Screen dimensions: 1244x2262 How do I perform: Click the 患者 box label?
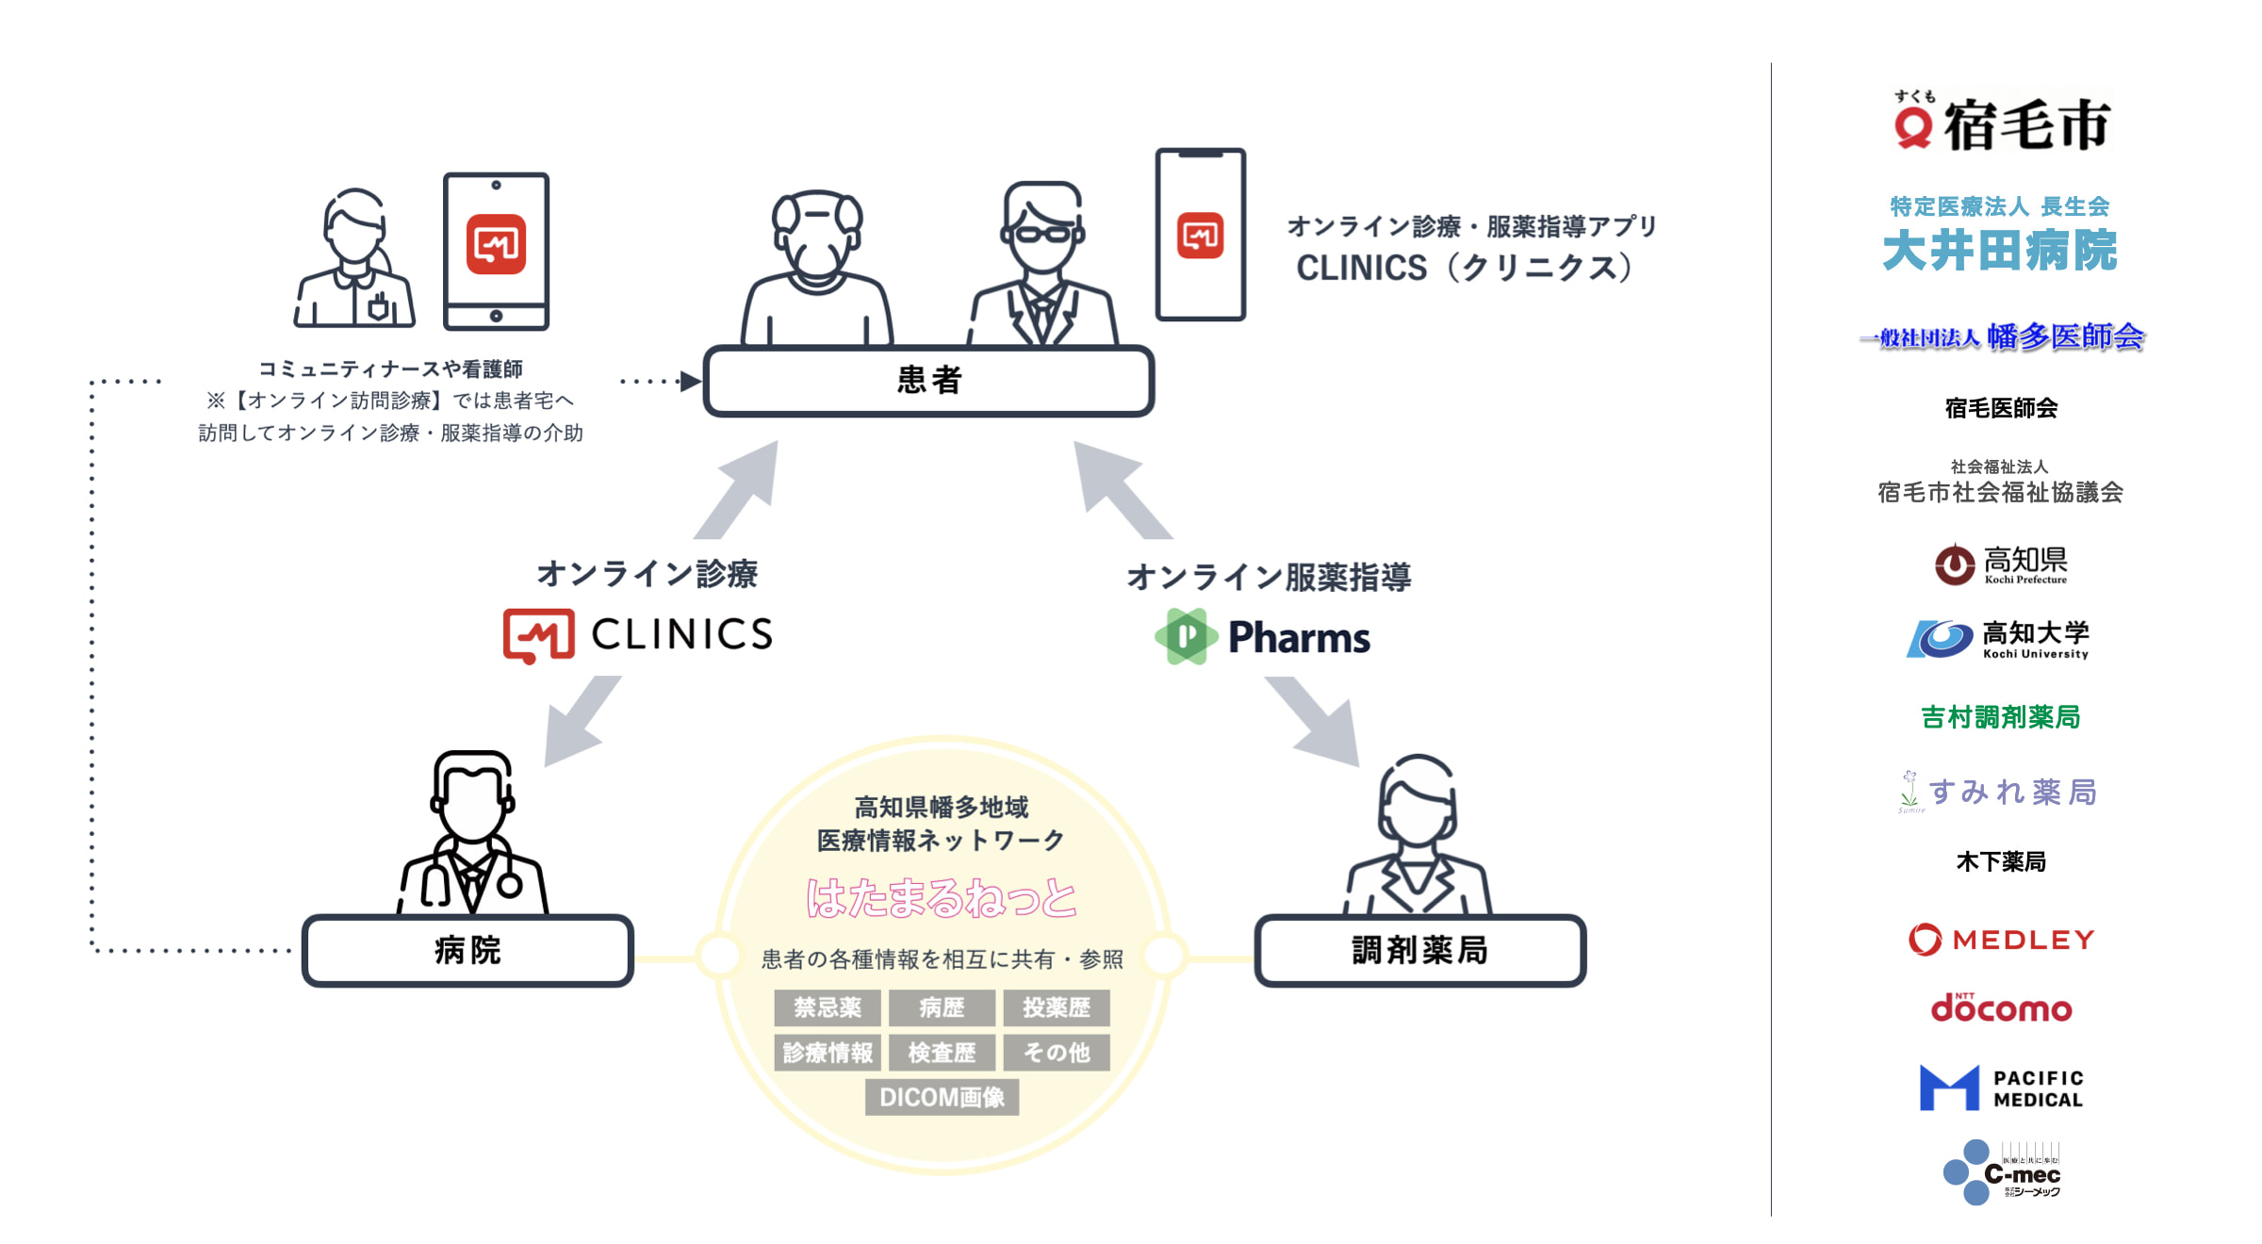point(928,381)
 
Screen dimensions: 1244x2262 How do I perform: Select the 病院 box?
point(467,950)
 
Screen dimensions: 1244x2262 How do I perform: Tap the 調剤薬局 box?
point(1419,950)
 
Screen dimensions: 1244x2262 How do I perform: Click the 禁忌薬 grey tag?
point(828,1007)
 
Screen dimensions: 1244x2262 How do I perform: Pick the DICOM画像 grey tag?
point(942,1097)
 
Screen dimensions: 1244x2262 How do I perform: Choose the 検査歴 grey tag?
point(942,1052)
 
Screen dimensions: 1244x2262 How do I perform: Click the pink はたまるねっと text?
point(942,897)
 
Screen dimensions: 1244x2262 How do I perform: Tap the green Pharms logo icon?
point(1187,637)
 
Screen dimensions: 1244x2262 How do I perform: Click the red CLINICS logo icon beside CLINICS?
point(539,635)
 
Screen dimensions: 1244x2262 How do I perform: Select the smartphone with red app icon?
point(1200,235)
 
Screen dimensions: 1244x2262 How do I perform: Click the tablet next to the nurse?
point(496,251)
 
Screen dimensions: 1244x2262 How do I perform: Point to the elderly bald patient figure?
point(816,269)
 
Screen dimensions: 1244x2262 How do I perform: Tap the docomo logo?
point(2001,1008)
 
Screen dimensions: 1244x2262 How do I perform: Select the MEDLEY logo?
point(2001,939)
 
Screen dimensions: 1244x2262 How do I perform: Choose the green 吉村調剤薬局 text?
point(2000,717)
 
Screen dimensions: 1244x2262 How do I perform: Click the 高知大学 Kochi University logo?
point(1998,639)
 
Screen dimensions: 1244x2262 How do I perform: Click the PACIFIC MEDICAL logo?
point(2001,1088)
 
